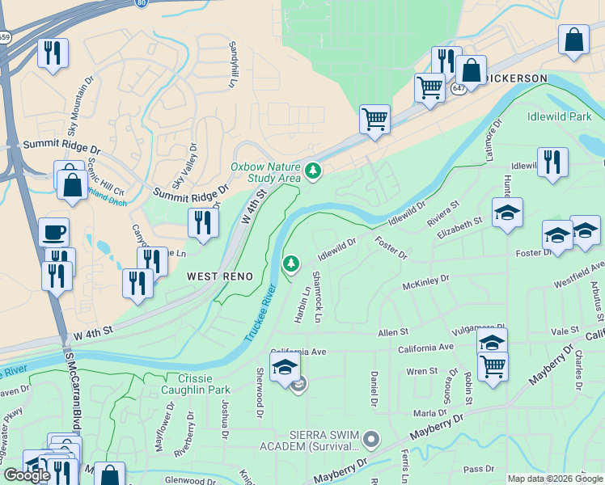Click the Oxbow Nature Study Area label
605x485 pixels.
pos(264,172)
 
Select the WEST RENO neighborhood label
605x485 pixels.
pos(220,276)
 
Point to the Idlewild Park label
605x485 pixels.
pos(560,116)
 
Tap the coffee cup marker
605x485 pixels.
pos(54,233)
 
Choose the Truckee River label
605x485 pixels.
pos(260,311)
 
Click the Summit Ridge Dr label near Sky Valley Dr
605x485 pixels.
pos(187,195)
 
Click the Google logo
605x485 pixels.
pos(27,475)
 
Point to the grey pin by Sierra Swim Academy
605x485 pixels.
pos(371,439)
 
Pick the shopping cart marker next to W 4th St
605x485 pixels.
pos(374,119)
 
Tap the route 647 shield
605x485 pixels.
pos(459,88)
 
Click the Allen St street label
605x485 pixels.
pos(393,332)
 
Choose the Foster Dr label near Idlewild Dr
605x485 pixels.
pos(391,247)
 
